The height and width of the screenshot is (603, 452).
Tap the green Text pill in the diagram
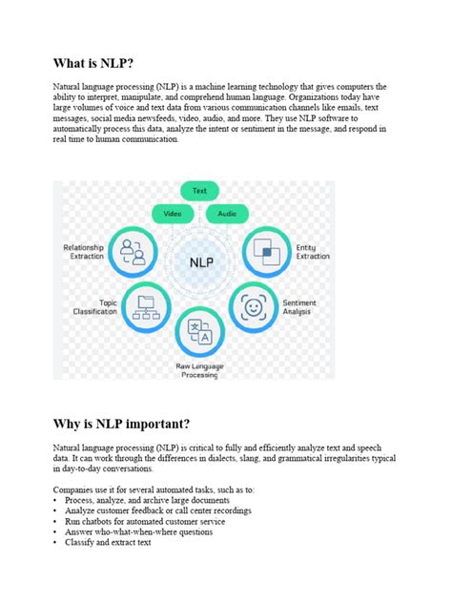click(199, 191)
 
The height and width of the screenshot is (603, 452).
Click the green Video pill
click(173, 214)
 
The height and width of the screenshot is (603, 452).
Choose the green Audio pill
click(227, 214)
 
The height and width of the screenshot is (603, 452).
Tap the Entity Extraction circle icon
click(264, 253)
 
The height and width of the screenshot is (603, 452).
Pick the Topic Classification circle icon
click(145, 306)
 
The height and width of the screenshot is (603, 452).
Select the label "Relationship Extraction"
click(84, 252)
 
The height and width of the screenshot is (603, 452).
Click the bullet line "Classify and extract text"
click(108, 543)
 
